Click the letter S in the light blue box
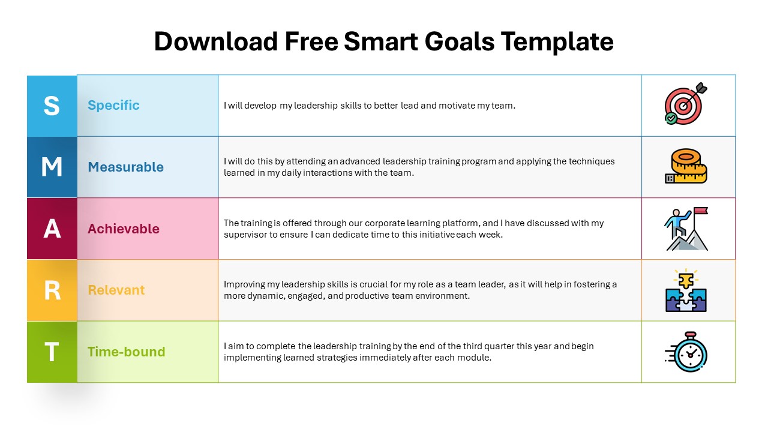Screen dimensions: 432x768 pos(52,106)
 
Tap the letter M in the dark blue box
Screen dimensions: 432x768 pos(52,167)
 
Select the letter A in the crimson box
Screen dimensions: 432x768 pos(52,229)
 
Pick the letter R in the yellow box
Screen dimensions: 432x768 pos(52,290)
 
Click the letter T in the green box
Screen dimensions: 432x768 pos(52,352)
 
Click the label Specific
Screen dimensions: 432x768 pos(113,106)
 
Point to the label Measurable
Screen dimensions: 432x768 pos(125,167)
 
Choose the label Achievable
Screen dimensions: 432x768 pos(124,229)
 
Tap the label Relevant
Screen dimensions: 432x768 pos(116,290)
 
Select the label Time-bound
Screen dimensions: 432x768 pos(127,352)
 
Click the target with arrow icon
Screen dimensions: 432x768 pos(685,104)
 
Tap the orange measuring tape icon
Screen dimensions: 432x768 pos(686,166)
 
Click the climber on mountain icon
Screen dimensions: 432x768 pos(686,229)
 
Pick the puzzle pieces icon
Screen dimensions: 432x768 pos(686,290)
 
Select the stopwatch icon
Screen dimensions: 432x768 pos(687,352)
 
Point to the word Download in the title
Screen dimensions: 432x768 pos(215,41)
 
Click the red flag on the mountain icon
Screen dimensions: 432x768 pos(701,211)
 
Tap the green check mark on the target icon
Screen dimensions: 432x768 pos(671,119)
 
